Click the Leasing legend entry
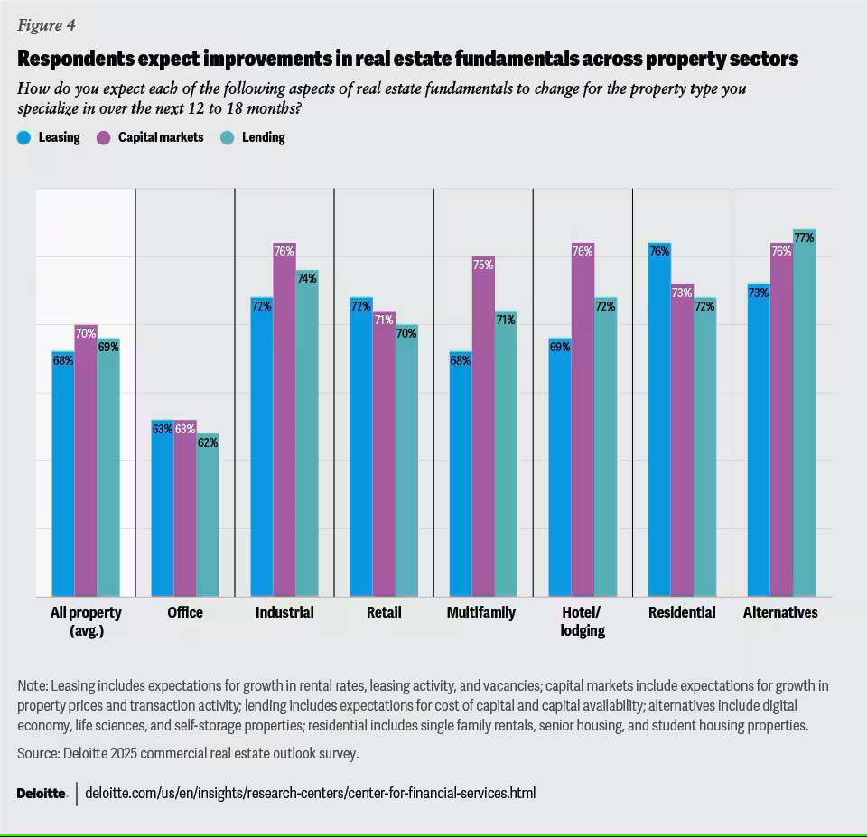point(49,137)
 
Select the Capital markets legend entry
point(154,137)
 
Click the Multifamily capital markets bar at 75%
point(483,433)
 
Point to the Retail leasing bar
point(361,451)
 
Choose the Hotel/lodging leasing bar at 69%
point(560,470)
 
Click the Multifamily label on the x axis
point(481,612)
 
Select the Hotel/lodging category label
point(583,621)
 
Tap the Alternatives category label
point(780,612)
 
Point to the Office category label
point(185,612)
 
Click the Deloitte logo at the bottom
point(42,794)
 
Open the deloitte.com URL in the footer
point(310,794)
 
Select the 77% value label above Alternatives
point(804,238)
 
